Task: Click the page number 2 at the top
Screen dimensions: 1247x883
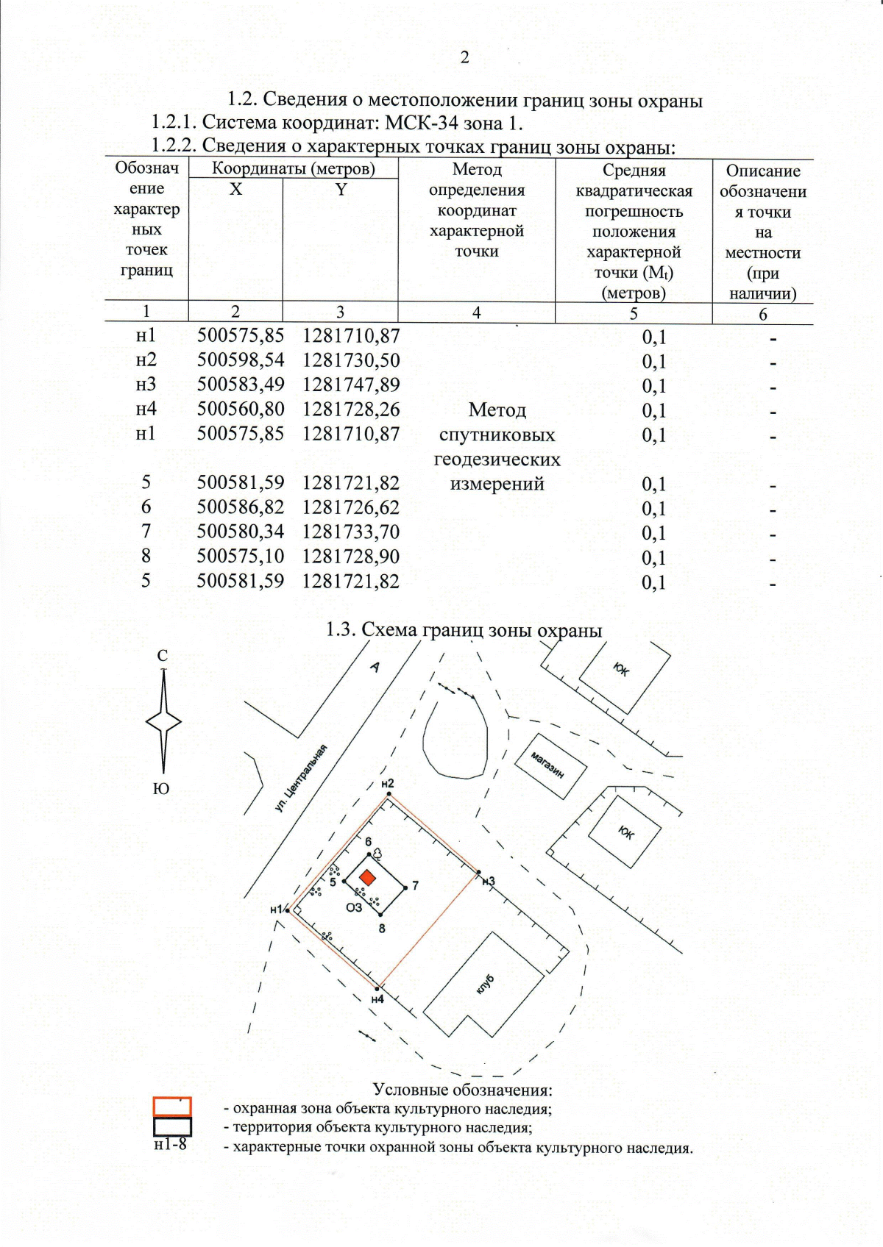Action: pyautogui.click(x=464, y=57)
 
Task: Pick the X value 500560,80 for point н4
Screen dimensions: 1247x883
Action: pyautogui.click(x=240, y=409)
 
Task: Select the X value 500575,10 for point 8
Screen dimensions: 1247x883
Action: pyautogui.click(x=240, y=556)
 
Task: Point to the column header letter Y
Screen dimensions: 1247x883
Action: pyautogui.click(x=341, y=190)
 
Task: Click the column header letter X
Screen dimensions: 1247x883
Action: pyautogui.click(x=235, y=190)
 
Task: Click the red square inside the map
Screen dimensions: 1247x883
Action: pyautogui.click(x=366, y=877)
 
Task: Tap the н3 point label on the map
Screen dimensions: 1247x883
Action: pyautogui.click(x=488, y=881)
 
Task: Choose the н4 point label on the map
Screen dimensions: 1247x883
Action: pyautogui.click(x=377, y=999)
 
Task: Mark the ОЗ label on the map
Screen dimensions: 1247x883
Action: pyautogui.click(x=354, y=907)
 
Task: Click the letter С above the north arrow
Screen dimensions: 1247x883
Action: pyautogui.click(x=163, y=656)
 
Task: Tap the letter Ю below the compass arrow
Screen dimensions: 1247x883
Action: pyautogui.click(x=161, y=789)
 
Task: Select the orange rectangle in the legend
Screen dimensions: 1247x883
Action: pyautogui.click(x=172, y=1107)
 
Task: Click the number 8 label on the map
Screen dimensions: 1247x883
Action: pyautogui.click(x=382, y=928)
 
